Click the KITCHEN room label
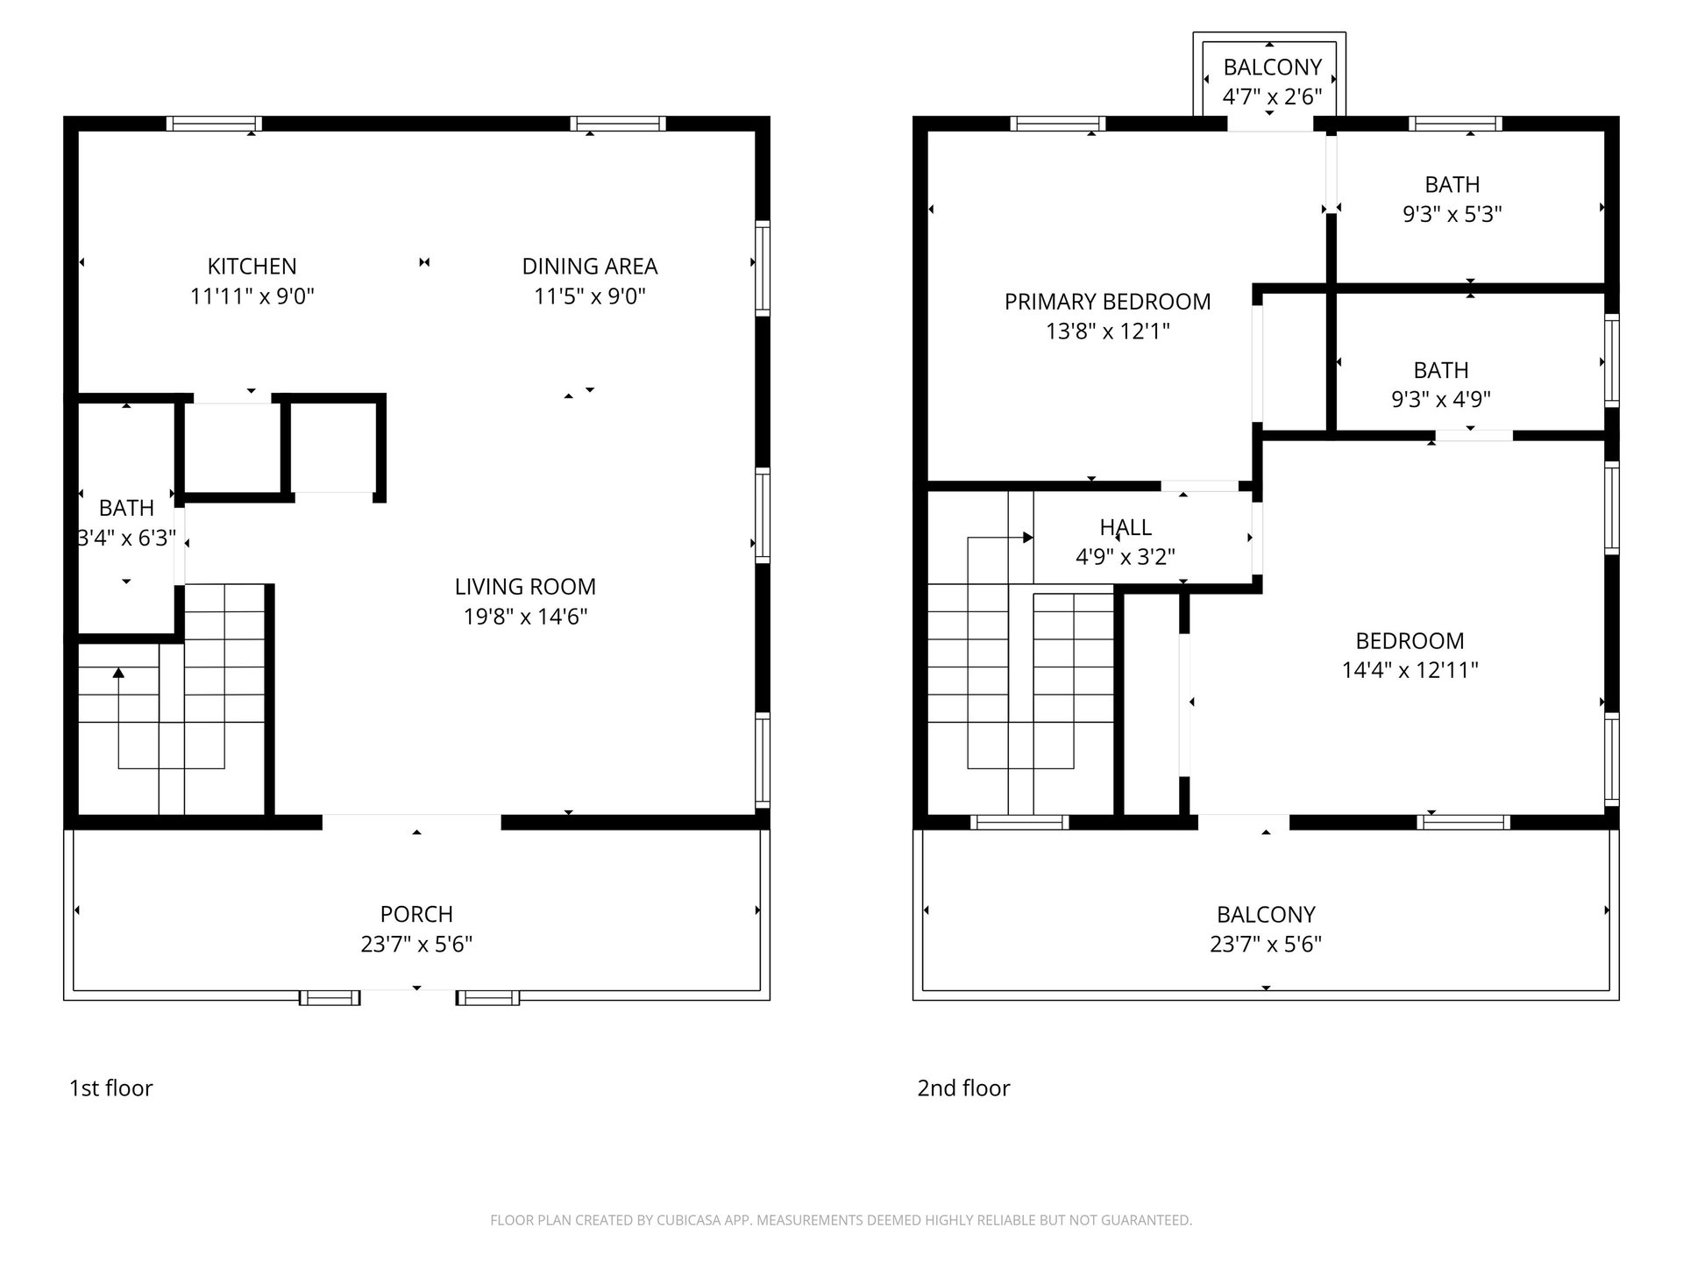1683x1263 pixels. click(x=252, y=266)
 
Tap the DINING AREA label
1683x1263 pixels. click(x=590, y=266)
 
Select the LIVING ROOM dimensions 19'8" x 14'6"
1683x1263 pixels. click(x=525, y=617)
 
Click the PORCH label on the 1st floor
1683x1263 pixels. click(x=416, y=914)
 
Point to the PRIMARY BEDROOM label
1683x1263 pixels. click(x=1108, y=302)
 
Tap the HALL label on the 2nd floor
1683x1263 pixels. click(x=1126, y=527)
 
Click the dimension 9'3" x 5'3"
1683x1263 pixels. click(x=1452, y=214)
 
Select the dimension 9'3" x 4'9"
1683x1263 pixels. click(x=1441, y=399)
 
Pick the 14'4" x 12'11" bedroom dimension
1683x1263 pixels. click(x=1410, y=670)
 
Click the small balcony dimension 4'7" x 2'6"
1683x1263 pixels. click(x=1272, y=96)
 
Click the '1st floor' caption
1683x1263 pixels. click(x=111, y=1088)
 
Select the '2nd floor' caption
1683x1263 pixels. click(x=963, y=1088)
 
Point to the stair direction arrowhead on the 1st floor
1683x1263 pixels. click(x=118, y=673)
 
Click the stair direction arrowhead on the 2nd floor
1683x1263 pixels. click(x=1028, y=538)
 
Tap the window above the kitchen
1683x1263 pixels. click(x=214, y=124)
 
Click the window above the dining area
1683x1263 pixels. click(x=618, y=124)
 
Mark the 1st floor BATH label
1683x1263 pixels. click(x=126, y=508)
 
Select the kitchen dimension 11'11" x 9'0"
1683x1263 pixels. click(x=252, y=296)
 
